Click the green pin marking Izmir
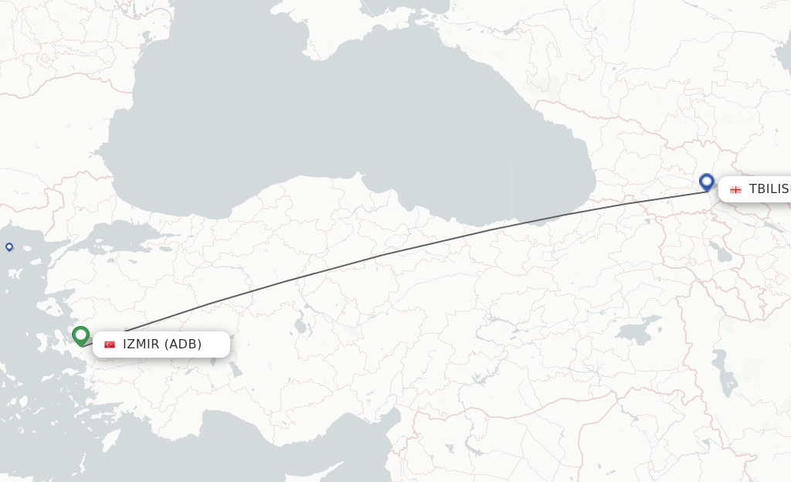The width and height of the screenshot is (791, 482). tap(80, 335)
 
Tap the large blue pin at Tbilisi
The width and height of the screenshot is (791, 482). tap(706, 182)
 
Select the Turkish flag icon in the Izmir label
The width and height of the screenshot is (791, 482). tap(110, 345)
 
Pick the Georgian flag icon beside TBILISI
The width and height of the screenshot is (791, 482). tap(735, 189)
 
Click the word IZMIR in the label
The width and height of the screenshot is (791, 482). tap(141, 345)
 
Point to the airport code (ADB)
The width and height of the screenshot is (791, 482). tap(183, 345)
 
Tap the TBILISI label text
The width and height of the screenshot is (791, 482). tap(769, 189)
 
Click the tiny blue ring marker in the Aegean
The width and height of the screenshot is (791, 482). tap(9, 247)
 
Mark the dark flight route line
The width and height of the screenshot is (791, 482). tap(386, 253)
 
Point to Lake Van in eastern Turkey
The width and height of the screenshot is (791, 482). tap(637, 332)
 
